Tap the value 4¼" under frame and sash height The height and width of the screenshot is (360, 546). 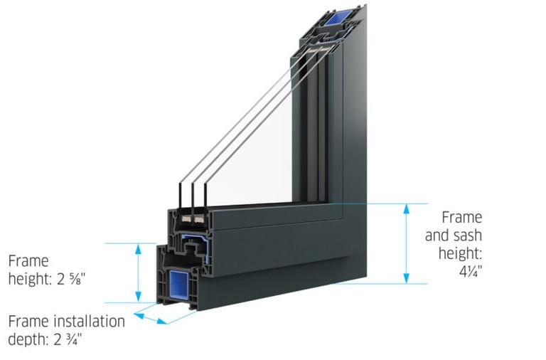point(468,270)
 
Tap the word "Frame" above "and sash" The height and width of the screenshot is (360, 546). point(461,217)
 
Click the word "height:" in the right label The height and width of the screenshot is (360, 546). point(463,253)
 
